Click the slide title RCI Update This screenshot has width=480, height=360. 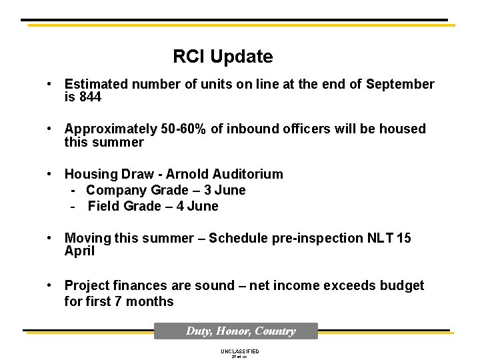[223, 57]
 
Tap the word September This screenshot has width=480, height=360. [400, 84]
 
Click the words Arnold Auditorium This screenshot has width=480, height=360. [224, 174]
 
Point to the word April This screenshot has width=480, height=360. [79, 251]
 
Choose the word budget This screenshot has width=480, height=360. [401, 285]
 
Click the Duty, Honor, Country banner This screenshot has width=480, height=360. [236, 331]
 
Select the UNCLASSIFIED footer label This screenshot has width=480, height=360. [239, 351]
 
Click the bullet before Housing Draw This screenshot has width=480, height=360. [50, 174]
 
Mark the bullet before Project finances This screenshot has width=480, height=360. [50, 285]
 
